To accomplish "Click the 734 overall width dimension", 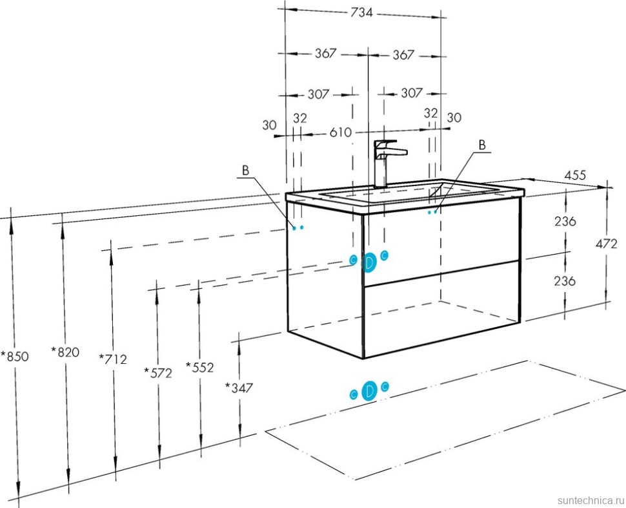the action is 361,13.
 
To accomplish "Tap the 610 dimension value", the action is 340,132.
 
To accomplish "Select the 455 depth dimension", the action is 575,175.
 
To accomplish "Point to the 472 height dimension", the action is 606,244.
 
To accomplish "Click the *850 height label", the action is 15,356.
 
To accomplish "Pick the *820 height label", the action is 65,352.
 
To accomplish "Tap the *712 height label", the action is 113,359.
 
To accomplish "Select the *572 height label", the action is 158,373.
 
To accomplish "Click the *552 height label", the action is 200,367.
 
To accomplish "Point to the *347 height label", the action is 239,387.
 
